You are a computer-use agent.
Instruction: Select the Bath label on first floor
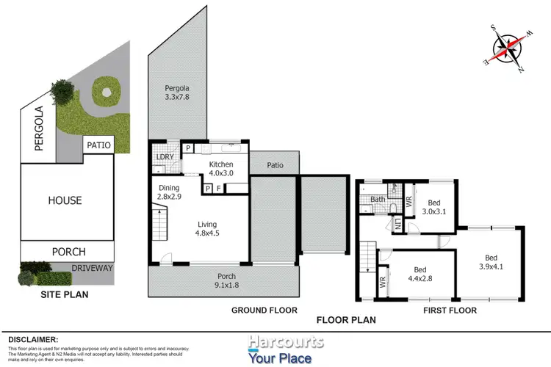(378, 199)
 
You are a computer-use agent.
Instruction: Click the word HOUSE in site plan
(65, 200)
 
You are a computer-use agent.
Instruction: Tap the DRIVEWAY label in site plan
(93, 268)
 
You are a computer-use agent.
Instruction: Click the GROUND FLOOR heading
(264, 310)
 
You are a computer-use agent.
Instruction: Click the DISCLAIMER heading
(32, 339)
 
